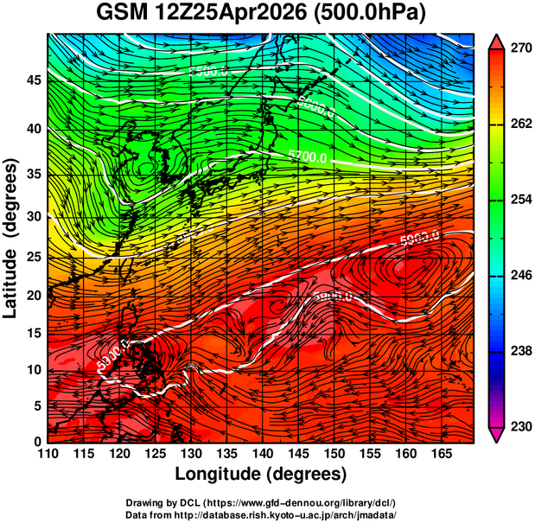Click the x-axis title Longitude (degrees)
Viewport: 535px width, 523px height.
click(261, 474)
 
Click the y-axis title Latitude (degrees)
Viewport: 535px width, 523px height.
click(11, 237)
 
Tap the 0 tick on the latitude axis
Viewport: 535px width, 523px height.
click(37, 442)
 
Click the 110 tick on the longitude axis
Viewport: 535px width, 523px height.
click(48, 455)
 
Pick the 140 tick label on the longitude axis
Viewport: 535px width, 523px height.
click(262, 455)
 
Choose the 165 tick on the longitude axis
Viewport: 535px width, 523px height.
click(440, 455)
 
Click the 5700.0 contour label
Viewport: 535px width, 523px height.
click(309, 157)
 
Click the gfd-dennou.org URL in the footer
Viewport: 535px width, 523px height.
click(308, 502)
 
